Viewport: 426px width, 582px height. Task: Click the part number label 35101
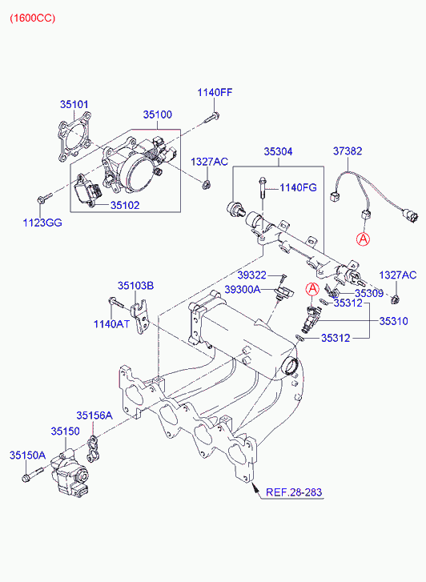tap(74, 105)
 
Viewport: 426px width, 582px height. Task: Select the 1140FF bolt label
tap(215, 92)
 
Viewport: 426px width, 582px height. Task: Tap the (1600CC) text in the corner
tap(32, 18)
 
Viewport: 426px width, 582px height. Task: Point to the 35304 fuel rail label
tap(278, 151)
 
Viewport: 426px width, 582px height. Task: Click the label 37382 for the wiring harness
tap(348, 151)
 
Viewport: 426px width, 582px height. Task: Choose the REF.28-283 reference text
tap(294, 492)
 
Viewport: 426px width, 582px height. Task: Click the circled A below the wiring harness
tap(364, 239)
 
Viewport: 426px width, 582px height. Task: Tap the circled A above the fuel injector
tap(312, 288)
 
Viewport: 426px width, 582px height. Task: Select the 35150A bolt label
tap(27, 455)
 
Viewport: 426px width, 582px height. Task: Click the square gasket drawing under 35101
tap(74, 137)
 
